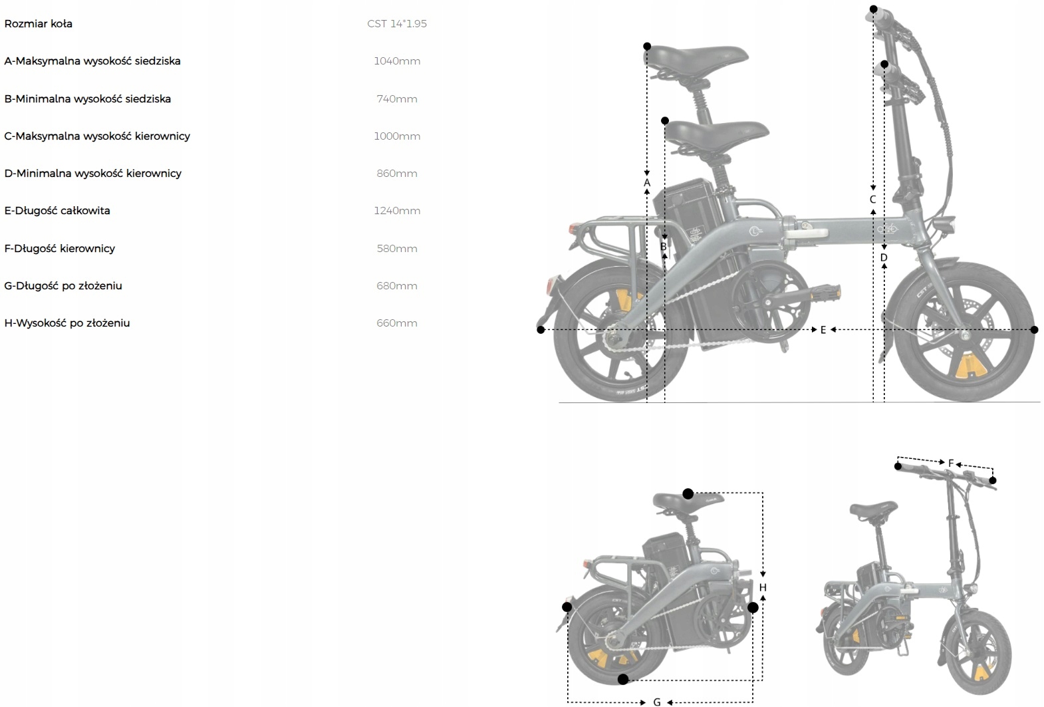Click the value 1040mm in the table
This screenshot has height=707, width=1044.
point(397,61)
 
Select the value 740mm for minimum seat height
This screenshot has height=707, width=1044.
point(397,99)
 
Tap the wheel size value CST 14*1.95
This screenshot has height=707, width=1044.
point(397,24)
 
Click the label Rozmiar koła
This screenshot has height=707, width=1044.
point(39,24)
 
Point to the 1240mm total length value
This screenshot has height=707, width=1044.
point(397,211)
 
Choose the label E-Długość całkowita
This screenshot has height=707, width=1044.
point(57,211)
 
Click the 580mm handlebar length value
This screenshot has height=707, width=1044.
point(397,249)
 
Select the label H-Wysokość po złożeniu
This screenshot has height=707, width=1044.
point(67,323)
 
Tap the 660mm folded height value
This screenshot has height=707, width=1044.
point(397,323)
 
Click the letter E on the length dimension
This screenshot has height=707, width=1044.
point(823,330)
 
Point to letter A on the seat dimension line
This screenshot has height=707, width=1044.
point(647,183)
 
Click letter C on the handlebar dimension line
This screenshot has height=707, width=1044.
point(873,200)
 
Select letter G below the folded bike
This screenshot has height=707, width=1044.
point(657,702)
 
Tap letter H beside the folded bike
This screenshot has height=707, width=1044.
point(763,588)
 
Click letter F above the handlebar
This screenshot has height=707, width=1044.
point(951,464)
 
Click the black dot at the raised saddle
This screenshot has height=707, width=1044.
point(647,47)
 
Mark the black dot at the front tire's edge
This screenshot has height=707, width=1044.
point(1034,330)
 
